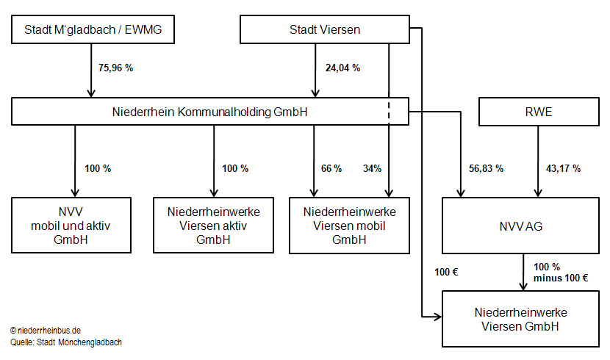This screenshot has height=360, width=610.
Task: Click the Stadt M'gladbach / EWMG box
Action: [x=93, y=29]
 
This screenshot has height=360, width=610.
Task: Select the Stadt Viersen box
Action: [x=325, y=29]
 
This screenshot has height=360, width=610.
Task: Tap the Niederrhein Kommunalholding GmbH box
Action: [x=210, y=112]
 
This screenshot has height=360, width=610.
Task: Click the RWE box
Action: [x=539, y=112]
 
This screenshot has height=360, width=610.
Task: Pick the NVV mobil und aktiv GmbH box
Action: [x=71, y=226]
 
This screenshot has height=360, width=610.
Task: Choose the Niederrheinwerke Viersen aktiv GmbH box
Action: [x=214, y=226]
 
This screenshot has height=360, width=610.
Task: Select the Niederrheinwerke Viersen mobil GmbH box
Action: [x=349, y=226]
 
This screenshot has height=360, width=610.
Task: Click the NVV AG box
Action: [x=520, y=226]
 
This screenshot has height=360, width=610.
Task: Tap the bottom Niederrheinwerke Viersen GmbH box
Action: [x=520, y=319]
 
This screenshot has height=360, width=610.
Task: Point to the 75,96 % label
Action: [x=115, y=68]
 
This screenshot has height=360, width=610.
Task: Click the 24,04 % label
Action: [x=342, y=68]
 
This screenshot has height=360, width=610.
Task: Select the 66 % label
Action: [x=331, y=168]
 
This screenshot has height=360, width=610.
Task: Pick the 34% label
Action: [x=373, y=168]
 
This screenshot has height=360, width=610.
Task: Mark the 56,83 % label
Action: [x=487, y=168]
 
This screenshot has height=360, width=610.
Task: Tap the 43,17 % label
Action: [x=563, y=168]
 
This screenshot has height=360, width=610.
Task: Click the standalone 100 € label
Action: [x=446, y=272]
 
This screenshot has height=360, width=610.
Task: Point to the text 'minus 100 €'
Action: [x=561, y=278]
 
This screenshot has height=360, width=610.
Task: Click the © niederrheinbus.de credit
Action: [x=46, y=331]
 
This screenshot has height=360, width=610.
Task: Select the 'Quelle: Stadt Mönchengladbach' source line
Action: [x=66, y=342]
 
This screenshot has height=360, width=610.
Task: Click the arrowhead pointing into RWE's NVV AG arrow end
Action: [x=538, y=192]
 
